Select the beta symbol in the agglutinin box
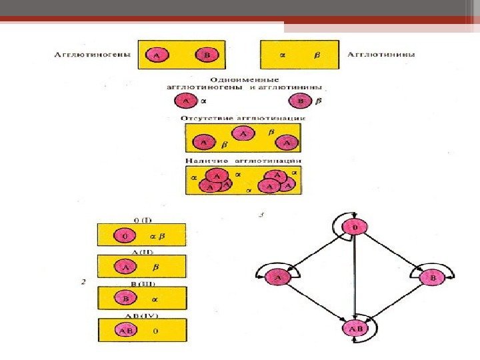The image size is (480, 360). [x=317, y=56]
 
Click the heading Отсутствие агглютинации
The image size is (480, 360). [x=243, y=118]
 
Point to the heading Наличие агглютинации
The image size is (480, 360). [x=243, y=161]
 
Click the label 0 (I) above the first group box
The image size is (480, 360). [x=141, y=219]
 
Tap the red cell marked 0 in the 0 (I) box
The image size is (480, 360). [x=124, y=235]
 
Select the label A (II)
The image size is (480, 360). [x=141, y=251]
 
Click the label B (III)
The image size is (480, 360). [x=141, y=283]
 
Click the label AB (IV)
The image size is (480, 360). [x=141, y=314]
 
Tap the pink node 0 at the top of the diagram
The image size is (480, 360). [x=355, y=229]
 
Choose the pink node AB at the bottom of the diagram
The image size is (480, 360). [x=355, y=328]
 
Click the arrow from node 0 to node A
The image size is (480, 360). [x=315, y=253]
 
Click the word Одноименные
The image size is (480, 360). [x=244, y=79]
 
